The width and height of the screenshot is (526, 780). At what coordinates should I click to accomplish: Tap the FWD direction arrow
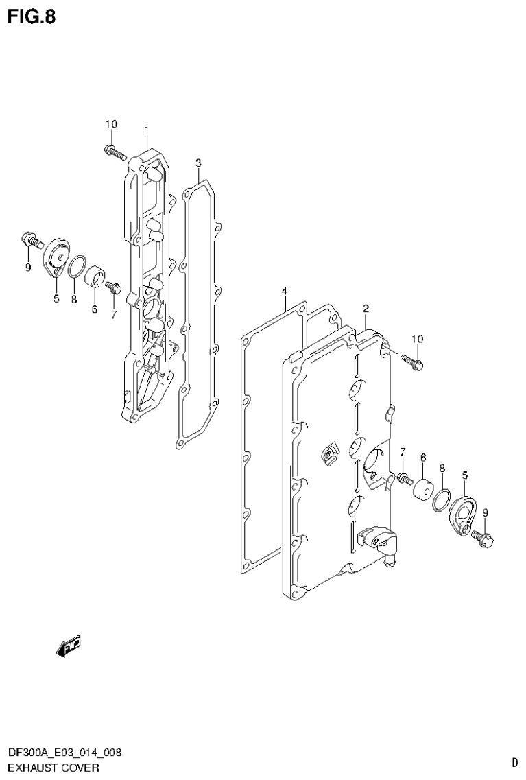[69, 645]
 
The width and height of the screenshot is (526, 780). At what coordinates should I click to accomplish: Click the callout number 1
[147, 129]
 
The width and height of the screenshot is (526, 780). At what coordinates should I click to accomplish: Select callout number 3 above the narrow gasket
[198, 163]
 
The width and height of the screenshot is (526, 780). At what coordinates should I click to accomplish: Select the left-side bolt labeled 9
[29, 241]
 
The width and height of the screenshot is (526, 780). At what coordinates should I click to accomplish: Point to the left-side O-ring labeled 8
[77, 265]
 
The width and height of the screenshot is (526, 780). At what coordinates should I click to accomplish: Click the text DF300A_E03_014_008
[65, 753]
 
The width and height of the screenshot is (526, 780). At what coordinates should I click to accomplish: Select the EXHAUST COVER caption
[54, 767]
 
